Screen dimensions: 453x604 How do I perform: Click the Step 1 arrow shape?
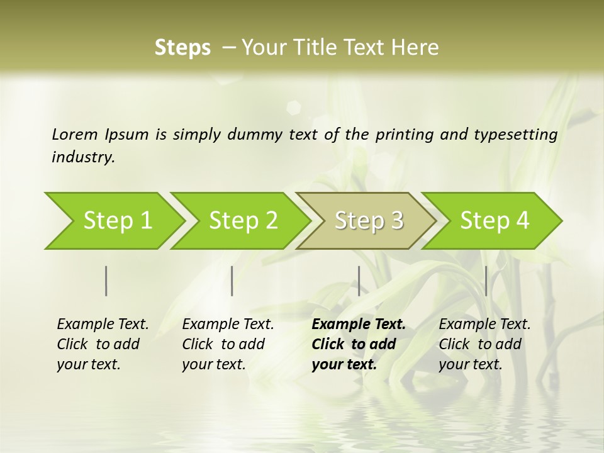coord(117,221)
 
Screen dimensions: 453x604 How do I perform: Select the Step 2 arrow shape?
coord(243,221)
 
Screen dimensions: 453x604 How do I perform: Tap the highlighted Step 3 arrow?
coord(369,221)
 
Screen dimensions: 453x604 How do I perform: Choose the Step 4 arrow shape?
coord(495,221)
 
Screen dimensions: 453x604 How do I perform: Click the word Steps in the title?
coord(182,48)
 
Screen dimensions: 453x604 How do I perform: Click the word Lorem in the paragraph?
coord(74,134)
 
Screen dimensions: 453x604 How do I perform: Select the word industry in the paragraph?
coord(83,157)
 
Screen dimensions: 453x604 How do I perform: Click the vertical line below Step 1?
coord(106,281)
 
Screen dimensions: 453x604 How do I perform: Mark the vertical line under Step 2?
coord(232,281)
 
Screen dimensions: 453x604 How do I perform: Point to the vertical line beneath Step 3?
coord(359,281)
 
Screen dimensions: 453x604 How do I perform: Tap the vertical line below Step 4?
coord(486,281)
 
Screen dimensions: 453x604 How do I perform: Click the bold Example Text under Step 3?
coord(359,344)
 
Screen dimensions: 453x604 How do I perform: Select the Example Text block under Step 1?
coord(103,344)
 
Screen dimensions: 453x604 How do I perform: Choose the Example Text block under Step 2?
coord(228,344)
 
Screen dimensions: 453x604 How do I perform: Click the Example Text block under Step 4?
coord(484,344)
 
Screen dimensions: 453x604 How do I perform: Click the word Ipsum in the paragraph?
coord(126,134)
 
